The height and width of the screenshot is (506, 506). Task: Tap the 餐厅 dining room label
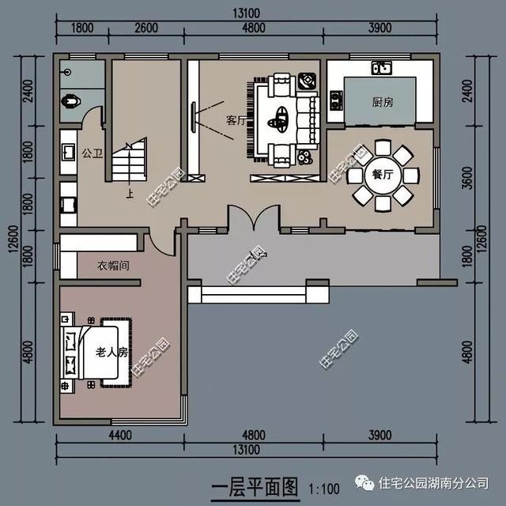pyautogui.click(x=383, y=175)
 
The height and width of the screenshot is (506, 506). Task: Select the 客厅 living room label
pyautogui.click(x=236, y=121)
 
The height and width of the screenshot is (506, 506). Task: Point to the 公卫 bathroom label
pyautogui.click(x=93, y=153)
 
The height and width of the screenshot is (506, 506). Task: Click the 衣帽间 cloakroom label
pyautogui.click(x=113, y=266)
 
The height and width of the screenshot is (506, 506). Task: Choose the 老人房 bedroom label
pyautogui.click(x=111, y=352)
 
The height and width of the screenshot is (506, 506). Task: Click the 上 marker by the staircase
pyautogui.click(x=129, y=191)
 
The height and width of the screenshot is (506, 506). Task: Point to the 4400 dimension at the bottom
pyautogui.click(x=120, y=434)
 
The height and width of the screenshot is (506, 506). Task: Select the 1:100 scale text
pyautogui.click(x=323, y=486)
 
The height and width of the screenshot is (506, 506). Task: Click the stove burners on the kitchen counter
pyautogui.click(x=336, y=99)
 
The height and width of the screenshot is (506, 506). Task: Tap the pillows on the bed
pyautogui.click(x=71, y=353)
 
